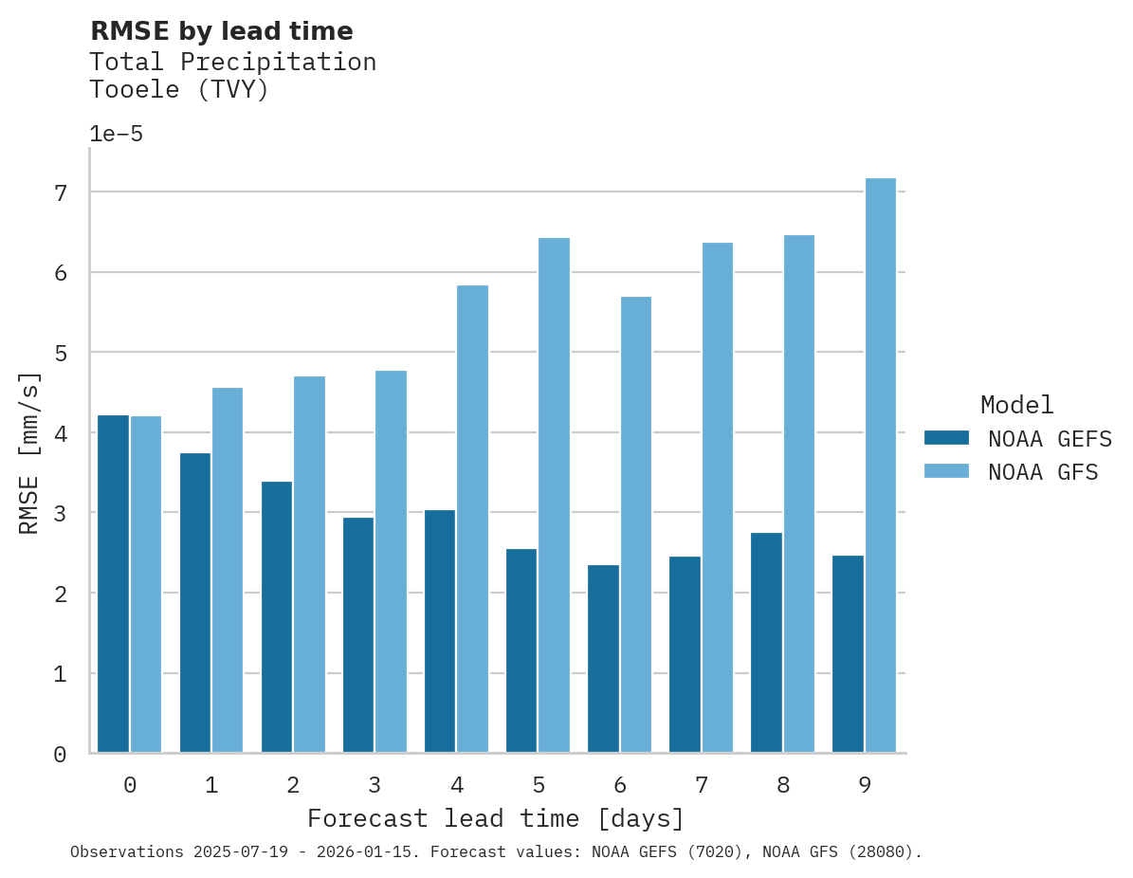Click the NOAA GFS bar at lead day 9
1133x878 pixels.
(881, 466)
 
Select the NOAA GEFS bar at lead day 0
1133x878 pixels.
(113, 584)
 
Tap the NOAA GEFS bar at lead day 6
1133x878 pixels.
(603, 659)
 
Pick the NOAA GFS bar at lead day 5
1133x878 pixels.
(555, 495)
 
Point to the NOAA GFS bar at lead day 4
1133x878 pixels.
(473, 519)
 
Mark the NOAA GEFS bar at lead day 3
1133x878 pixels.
(358, 635)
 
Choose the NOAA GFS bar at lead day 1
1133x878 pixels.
(228, 570)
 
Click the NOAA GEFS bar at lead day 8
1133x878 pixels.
(766, 643)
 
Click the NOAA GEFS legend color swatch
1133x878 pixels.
(946, 438)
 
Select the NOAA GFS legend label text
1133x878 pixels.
(1043, 472)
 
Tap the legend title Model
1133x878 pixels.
(1016, 405)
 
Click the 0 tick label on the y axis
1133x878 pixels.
(59, 755)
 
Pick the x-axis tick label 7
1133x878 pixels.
(702, 785)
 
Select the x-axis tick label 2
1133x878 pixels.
(293, 785)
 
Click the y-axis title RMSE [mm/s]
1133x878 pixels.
(30, 453)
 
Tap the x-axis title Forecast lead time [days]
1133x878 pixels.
(495, 818)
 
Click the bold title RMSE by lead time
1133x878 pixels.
(221, 31)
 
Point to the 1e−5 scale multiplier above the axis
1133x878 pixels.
(116, 134)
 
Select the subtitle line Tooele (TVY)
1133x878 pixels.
(179, 90)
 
